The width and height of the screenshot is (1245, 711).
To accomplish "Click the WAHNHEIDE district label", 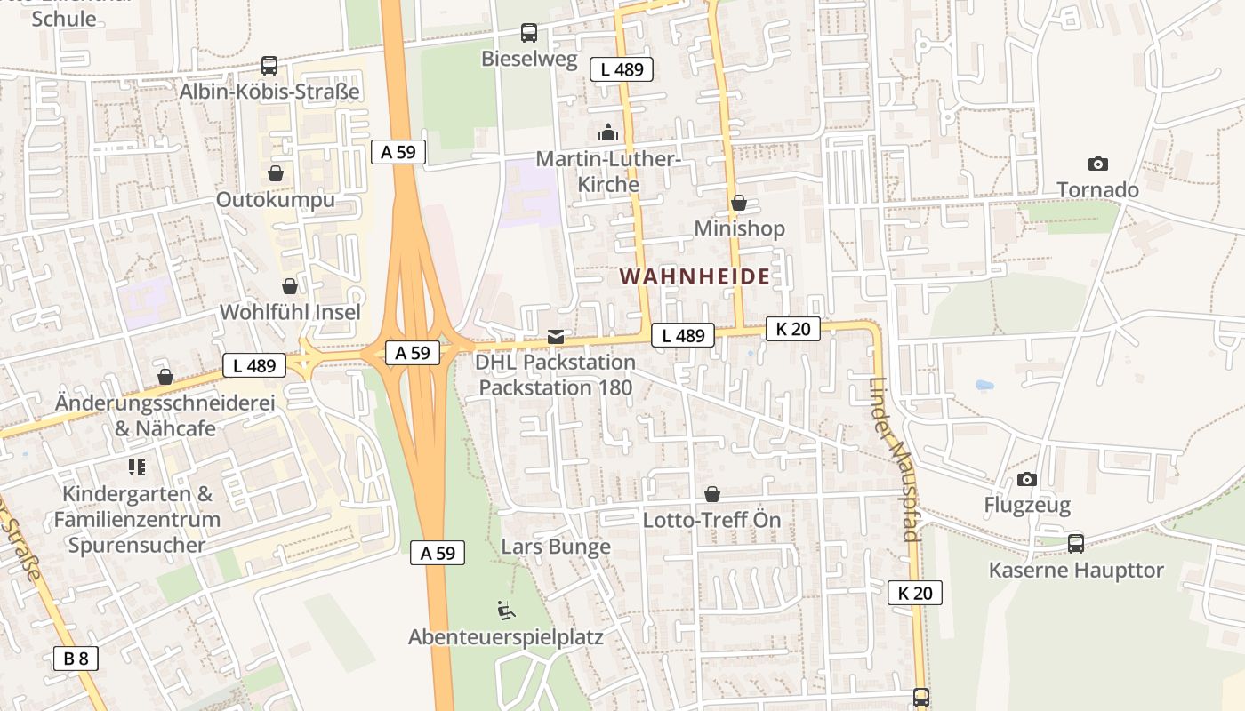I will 695,276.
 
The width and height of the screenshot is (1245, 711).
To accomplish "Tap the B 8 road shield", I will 76,659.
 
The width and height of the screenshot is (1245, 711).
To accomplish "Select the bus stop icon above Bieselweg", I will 529,33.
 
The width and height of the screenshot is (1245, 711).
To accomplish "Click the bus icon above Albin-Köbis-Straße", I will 269,65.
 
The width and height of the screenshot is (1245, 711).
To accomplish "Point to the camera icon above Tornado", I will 1098,164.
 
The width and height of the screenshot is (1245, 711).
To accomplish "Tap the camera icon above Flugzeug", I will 1027,480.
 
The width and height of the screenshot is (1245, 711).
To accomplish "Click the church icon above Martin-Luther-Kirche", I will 608,133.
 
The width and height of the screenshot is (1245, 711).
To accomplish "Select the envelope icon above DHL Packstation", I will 556,336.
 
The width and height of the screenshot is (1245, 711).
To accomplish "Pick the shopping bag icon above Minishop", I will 739,204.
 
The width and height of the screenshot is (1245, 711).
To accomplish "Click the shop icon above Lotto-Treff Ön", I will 712,494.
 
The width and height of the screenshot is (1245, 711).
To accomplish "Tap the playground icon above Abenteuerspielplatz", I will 506,611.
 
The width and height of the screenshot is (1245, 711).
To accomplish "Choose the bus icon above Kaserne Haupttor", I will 1076,543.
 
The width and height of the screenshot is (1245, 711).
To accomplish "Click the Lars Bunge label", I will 556,547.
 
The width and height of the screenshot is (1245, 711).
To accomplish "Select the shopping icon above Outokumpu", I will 276,173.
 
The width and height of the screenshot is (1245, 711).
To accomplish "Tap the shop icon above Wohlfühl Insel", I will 290,286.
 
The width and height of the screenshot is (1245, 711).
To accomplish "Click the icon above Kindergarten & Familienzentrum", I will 137,467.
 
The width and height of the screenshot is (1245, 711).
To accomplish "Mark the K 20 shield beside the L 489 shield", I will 792,329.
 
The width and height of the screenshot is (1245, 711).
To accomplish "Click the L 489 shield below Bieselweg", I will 622,69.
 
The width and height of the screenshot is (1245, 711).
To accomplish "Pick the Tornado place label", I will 1097,189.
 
